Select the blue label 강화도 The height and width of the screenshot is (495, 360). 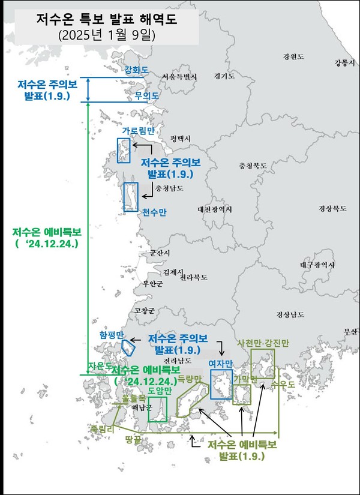point(136,70)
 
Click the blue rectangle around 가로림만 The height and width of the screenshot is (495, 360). point(123,150)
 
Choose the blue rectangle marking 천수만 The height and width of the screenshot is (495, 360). point(130,196)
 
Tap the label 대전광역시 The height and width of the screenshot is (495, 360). point(214,209)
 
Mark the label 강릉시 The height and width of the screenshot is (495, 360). point(344,63)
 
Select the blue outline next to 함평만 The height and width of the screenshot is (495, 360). point(127,347)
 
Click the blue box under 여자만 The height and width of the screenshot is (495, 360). point(221,385)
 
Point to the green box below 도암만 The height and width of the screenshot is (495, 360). point(158,409)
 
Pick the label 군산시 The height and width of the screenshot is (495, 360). point(160,253)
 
